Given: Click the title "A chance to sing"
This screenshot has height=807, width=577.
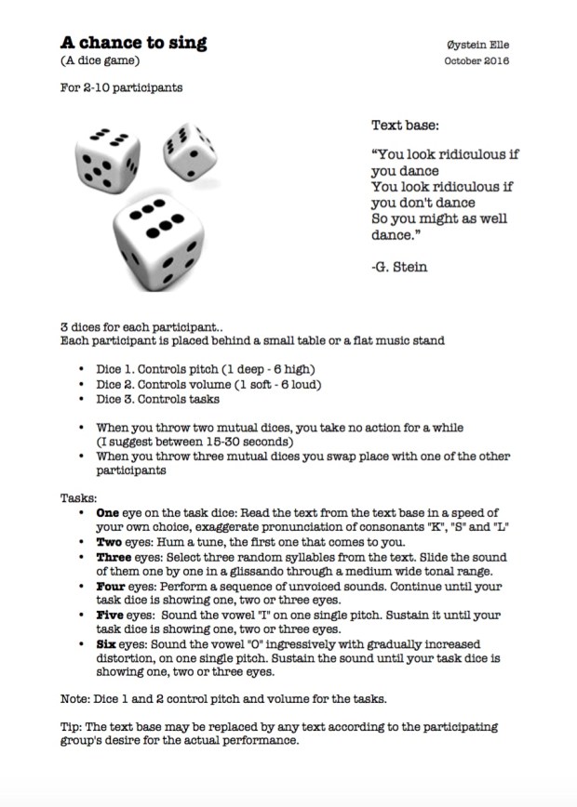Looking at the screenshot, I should (134, 43).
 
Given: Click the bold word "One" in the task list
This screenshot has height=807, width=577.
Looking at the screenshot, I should (109, 513).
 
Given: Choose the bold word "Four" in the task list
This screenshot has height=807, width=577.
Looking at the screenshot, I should (112, 586).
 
